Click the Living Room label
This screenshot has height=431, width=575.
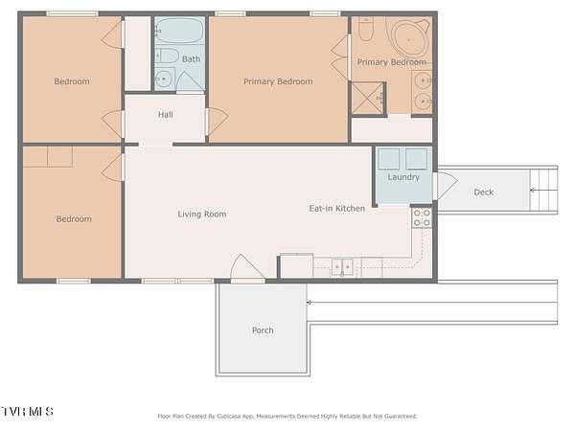tap(201, 214)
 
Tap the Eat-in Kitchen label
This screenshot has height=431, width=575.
tap(337, 208)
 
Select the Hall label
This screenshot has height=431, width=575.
tap(166, 114)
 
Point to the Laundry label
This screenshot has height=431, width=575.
tap(403, 177)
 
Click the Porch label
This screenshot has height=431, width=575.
tap(263, 330)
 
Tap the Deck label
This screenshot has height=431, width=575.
tap(483, 193)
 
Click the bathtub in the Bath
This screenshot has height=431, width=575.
tap(179, 31)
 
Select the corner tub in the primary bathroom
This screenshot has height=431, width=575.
tap(409, 37)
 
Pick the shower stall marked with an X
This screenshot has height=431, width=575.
tap(367, 99)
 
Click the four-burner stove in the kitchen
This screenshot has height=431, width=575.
tap(422, 217)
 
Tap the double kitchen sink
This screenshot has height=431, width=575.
tap(342, 267)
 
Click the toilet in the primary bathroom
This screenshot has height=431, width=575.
tap(365, 29)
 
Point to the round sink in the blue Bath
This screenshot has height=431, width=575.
tap(163, 79)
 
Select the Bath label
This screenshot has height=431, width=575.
tap(191, 58)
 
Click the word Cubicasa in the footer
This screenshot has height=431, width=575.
tap(229, 416)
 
